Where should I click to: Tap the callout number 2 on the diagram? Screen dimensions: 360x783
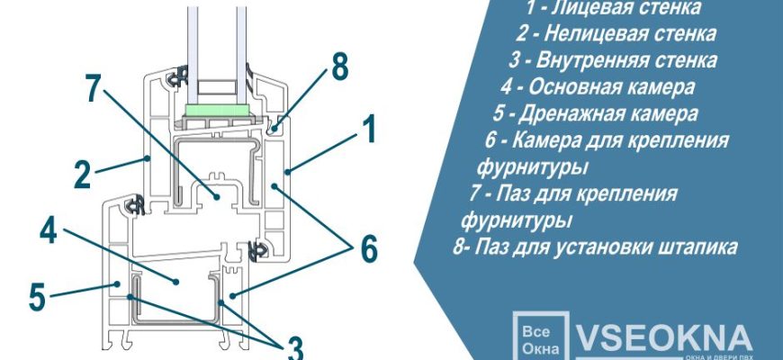click(82, 174)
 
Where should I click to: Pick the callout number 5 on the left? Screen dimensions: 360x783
click(36, 296)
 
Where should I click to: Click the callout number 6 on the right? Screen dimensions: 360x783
click(367, 248)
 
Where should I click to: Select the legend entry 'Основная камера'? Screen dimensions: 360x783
click(598, 87)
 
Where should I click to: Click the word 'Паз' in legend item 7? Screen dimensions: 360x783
click(518, 193)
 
